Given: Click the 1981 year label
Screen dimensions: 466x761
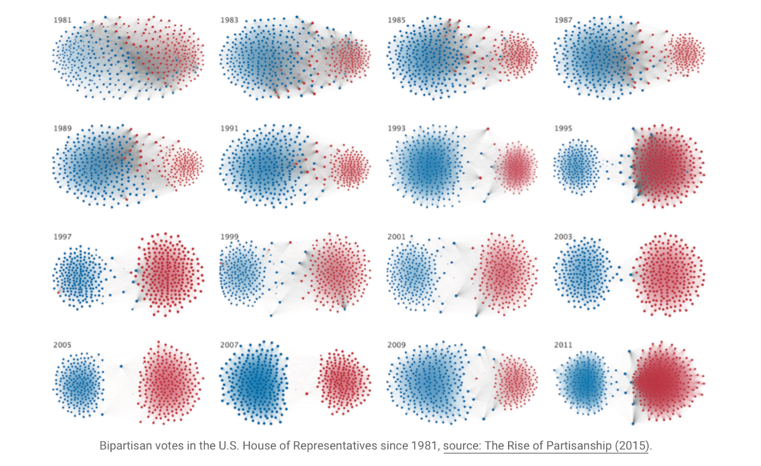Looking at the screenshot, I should [x=62, y=20].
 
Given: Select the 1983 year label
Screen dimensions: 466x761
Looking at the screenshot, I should [x=230, y=20].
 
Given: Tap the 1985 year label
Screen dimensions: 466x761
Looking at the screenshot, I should [x=396, y=20].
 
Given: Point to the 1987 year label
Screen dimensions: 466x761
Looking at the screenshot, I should [x=563, y=20].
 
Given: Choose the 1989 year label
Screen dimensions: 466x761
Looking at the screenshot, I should [x=62, y=129].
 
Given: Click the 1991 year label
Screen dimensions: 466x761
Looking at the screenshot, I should [x=230, y=129].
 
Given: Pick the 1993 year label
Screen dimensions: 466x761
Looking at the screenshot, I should [x=396, y=129].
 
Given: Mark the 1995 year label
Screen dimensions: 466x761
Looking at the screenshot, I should [x=563, y=129].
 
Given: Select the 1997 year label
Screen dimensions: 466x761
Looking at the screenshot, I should [x=62, y=237].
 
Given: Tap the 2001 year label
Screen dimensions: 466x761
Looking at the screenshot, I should [x=396, y=237].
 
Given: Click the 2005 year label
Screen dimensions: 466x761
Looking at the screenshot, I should [x=62, y=345].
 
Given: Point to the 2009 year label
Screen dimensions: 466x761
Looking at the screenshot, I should [x=396, y=345].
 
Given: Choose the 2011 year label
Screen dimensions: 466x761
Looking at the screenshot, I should [x=563, y=345].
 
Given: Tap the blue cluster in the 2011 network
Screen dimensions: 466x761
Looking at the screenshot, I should [x=585, y=380].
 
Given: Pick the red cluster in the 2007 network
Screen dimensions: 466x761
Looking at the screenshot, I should [x=343, y=380].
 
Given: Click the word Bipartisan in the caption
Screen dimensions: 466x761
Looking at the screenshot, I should [x=124, y=446].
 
